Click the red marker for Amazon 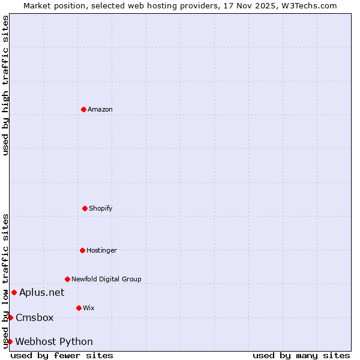click(x=83, y=109)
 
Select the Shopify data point click(x=85, y=208)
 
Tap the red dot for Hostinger click(x=82, y=250)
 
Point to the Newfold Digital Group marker click(x=67, y=279)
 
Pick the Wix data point click(x=79, y=308)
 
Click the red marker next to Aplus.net click(x=14, y=292)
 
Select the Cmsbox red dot click(x=10, y=317)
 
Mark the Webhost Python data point click(x=10, y=341)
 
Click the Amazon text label click(x=100, y=109)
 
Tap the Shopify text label click(x=101, y=208)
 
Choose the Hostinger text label click(x=101, y=250)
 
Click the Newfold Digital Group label click(x=106, y=279)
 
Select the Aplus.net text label click(x=41, y=292)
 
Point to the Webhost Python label click(x=54, y=341)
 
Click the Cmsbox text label click(x=35, y=317)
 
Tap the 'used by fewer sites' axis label click(x=62, y=355)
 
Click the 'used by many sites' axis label click(x=301, y=355)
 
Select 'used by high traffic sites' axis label click(x=5, y=85)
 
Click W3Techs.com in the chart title click(x=310, y=5)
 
